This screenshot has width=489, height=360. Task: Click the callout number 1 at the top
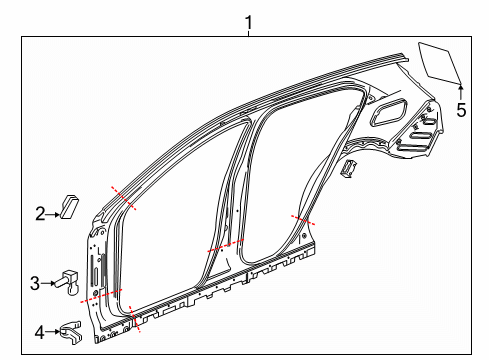250,19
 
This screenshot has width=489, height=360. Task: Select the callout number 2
41,212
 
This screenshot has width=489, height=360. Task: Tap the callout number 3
34,283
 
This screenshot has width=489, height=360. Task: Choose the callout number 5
461,110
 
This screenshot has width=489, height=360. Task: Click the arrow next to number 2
54,212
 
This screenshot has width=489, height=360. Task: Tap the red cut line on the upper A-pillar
125,198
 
